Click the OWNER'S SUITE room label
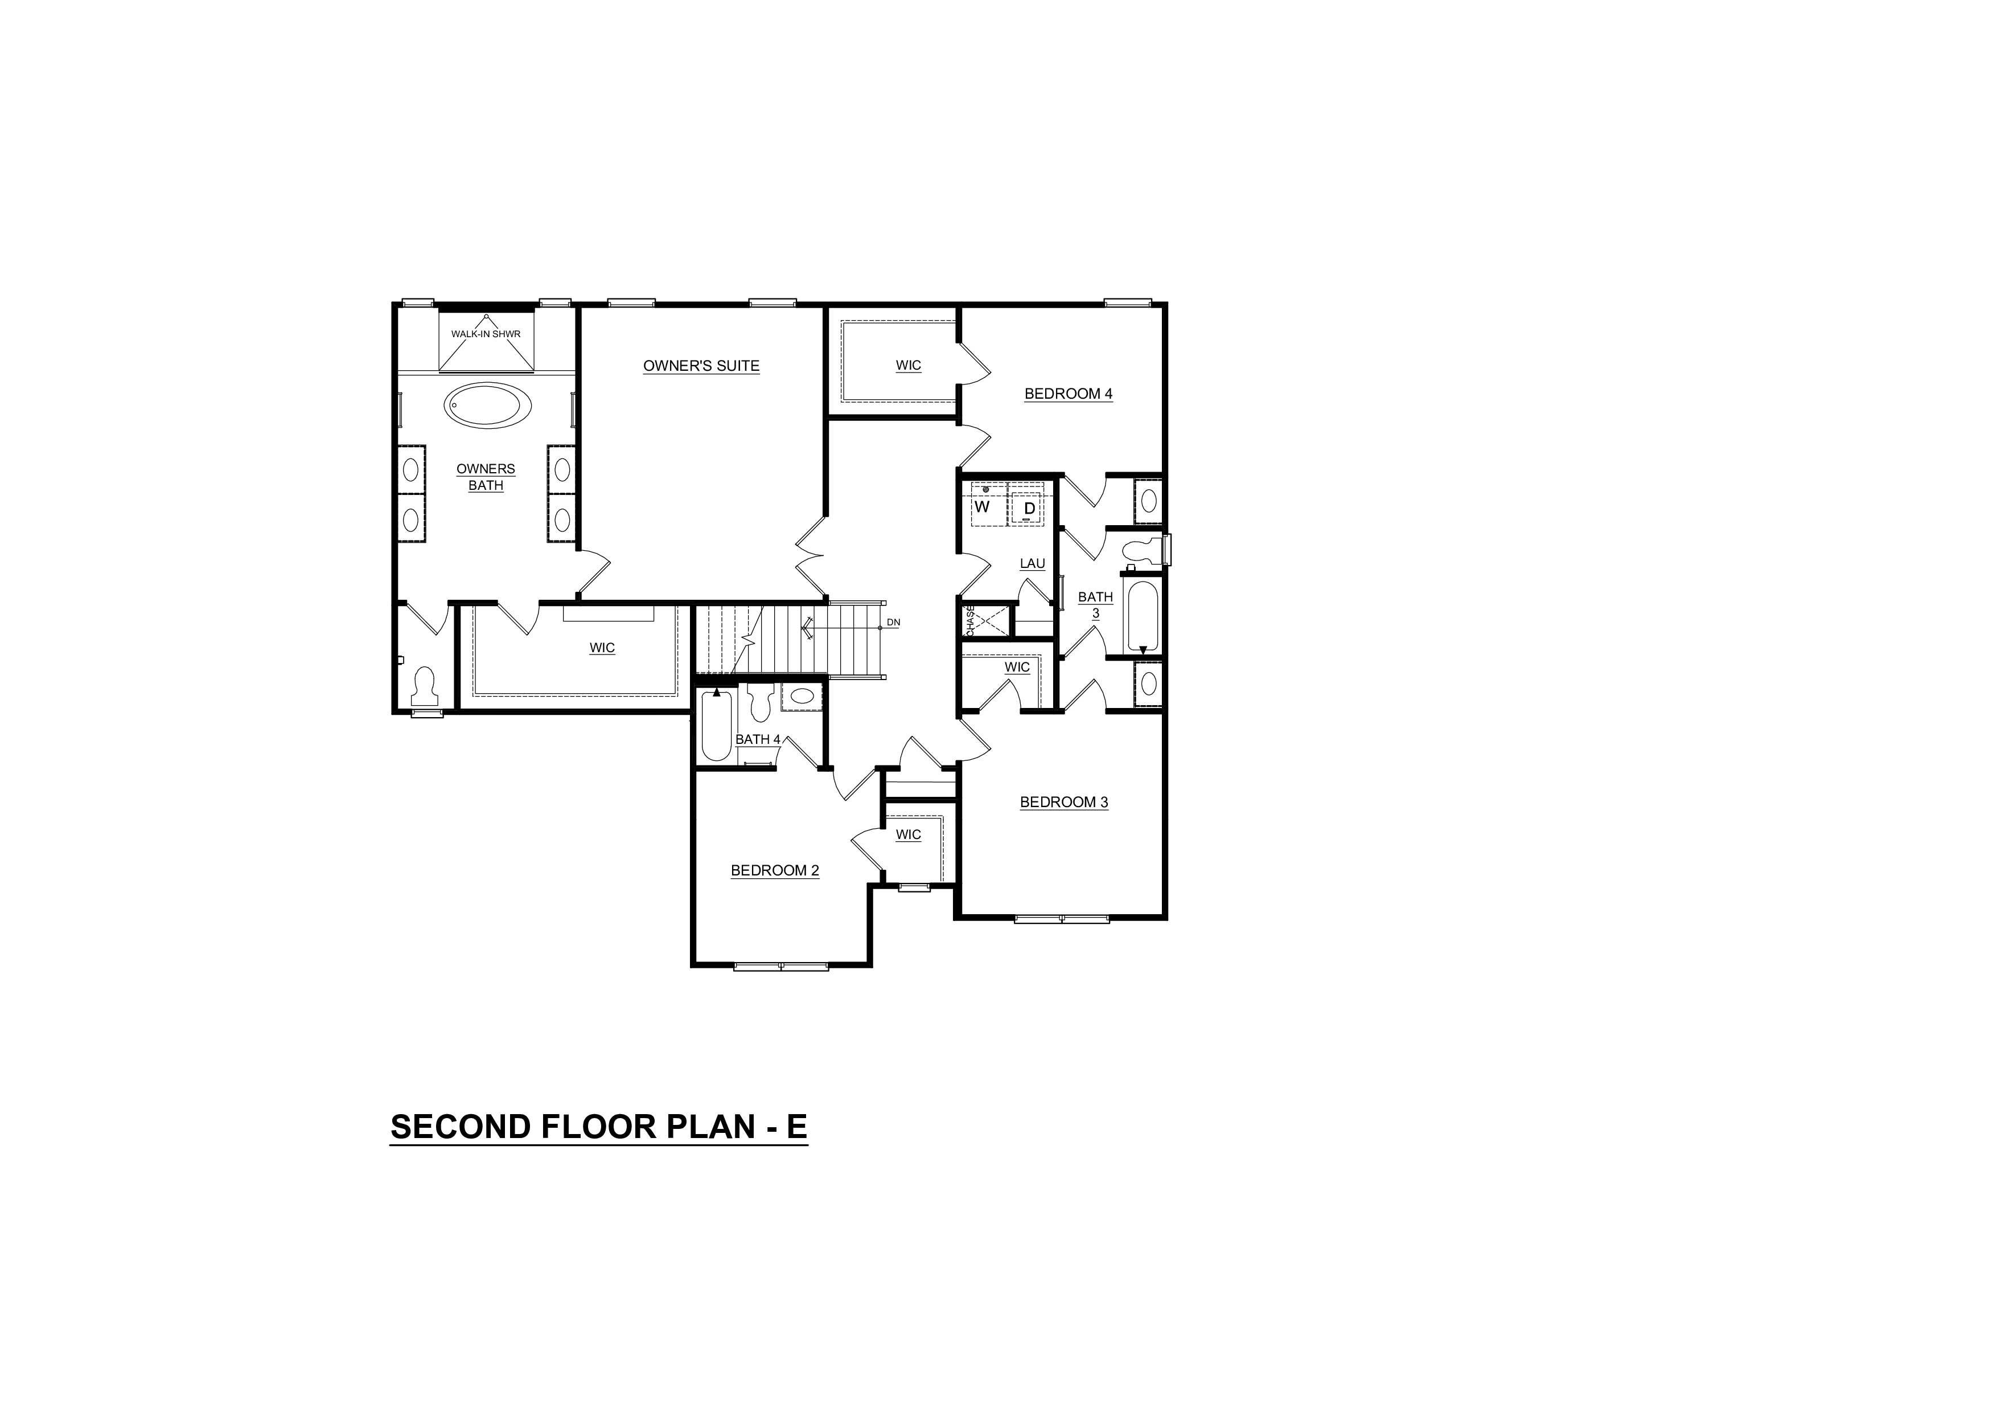click(701, 366)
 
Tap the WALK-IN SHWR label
click(486, 334)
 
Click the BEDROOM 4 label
click(1068, 393)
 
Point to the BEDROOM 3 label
click(1064, 802)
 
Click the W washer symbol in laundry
click(982, 506)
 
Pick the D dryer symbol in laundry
click(1029, 508)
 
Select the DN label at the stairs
click(893, 623)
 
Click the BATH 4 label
click(758, 739)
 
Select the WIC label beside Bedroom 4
click(908, 366)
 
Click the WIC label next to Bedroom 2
click(908, 834)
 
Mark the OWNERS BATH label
click(486, 477)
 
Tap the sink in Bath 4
click(802, 696)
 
